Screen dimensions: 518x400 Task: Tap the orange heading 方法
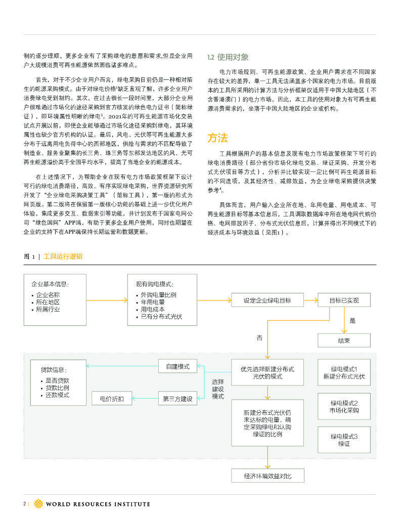point(217,138)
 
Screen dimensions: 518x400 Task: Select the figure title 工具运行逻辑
point(63,256)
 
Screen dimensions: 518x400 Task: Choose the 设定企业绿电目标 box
point(267,300)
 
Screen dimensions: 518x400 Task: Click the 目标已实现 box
point(344,300)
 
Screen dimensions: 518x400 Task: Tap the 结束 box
point(344,340)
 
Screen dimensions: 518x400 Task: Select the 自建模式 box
point(177,366)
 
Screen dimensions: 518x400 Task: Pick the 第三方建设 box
point(177,399)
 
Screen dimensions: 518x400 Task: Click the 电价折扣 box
point(108,399)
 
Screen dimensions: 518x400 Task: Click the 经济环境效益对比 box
point(267,476)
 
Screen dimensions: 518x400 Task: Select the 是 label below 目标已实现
point(352,321)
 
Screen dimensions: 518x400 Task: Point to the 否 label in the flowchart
point(259,337)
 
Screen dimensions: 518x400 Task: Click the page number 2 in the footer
point(24,504)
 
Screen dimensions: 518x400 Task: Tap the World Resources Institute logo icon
point(38,504)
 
